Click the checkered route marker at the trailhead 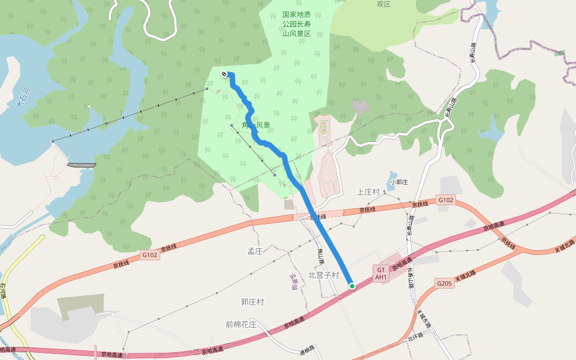pyautogui.click(x=224, y=74)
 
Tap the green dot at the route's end pyautogui.click(x=352, y=286)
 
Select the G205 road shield pyautogui.click(x=444, y=283)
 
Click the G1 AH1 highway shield pyautogui.click(x=380, y=274)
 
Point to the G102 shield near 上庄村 pyautogui.click(x=445, y=200)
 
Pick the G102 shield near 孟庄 pyautogui.click(x=150, y=255)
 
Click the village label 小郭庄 pyautogui.click(x=398, y=182)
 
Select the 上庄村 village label pyautogui.click(x=368, y=192)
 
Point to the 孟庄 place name pyautogui.click(x=256, y=251)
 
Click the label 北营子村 pyautogui.click(x=323, y=275)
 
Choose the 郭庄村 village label pyautogui.click(x=253, y=302)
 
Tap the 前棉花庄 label pyautogui.click(x=241, y=325)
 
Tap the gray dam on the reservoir pyautogui.click(x=82, y=165)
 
